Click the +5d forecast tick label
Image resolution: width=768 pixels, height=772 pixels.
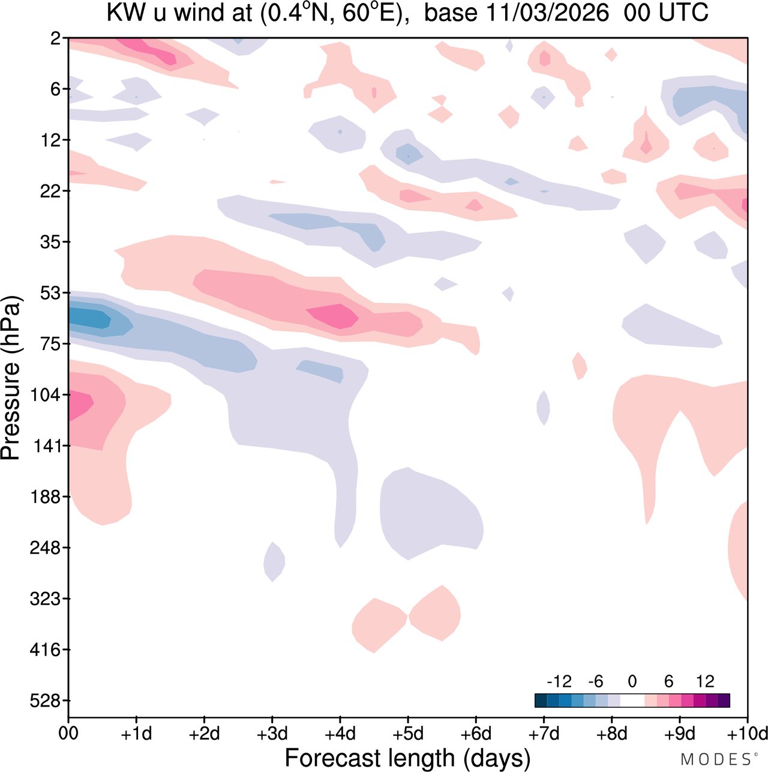pyautogui.click(x=408, y=734)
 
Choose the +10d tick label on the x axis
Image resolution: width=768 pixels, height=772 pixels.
pyautogui.click(x=747, y=734)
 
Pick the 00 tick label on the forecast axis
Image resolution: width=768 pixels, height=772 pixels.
pyautogui.click(x=68, y=734)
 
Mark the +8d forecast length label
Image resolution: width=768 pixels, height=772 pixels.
pyautogui.click(x=611, y=734)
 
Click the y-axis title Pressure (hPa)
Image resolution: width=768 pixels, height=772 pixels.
pyautogui.click(x=11, y=378)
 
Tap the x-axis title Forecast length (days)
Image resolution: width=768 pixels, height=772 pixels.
pyautogui.click(x=407, y=758)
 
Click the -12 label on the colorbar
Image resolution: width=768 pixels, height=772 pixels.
pyautogui.click(x=559, y=681)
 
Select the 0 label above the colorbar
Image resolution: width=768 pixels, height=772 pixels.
pyautogui.click(x=632, y=681)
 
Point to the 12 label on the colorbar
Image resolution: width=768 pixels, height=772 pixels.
pyautogui.click(x=705, y=681)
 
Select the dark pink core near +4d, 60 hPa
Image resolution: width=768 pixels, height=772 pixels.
pyautogui.click(x=335, y=316)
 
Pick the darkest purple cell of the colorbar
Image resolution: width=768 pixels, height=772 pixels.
pyautogui.click(x=724, y=700)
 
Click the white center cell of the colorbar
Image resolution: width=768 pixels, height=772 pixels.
pyautogui.click(x=632, y=700)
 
